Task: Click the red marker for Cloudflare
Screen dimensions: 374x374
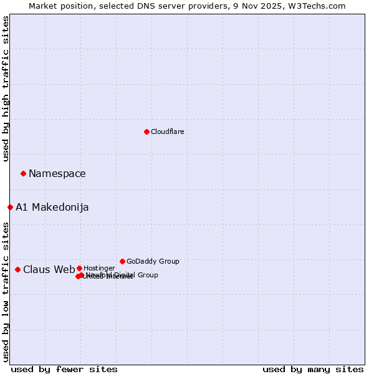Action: pyautogui.click(x=146, y=132)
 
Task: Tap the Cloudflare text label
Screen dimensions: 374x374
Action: pyautogui.click(x=167, y=132)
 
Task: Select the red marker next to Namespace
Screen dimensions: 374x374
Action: pyautogui.click(x=23, y=173)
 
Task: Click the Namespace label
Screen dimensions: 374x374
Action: pyautogui.click(x=57, y=174)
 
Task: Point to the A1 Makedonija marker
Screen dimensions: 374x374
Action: pyautogui.click(x=10, y=207)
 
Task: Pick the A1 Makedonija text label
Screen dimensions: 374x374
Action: pyautogui.click(x=52, y=208)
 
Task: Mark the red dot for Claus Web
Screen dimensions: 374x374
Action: pyautogui.click(x=17, y=269)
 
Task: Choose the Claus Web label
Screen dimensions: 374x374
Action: pyautogui.click(x=49, y=270)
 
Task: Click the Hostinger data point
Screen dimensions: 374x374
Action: pyautogui.click(x=79, y=268)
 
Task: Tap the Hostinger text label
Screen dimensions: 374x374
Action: pyautogui.click(x=99, y=268)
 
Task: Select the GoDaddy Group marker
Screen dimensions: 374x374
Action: pyautogui.click(x=122, y=261)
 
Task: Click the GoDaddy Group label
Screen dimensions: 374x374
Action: pyautogui.click(x=153, y=261)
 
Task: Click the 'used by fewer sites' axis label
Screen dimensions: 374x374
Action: pyautogui.click(x=64, y=370)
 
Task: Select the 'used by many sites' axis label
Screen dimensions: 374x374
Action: pyautogui.click(x=313, y=370)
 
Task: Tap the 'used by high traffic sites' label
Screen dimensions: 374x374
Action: pyautogui.click(x=6, y=89)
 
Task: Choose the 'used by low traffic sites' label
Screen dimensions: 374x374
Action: pyautogui.click(x=6, y=292)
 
